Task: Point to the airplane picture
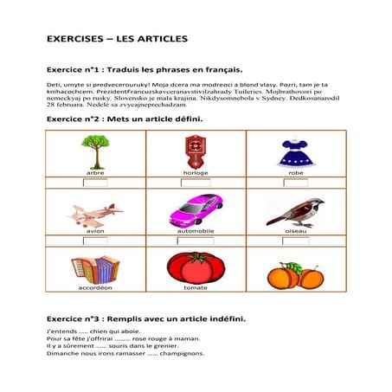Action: click(x=95, y=212)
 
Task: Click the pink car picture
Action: click(x=196, y=210)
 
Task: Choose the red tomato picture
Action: click(x=196, y=267)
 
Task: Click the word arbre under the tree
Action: click(x=95, y=173)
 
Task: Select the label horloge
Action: click(x=196, y=173)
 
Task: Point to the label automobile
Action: click(x=196, y=231)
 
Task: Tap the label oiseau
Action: click(x=295, y=231)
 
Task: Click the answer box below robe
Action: click(x=295, y=182)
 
